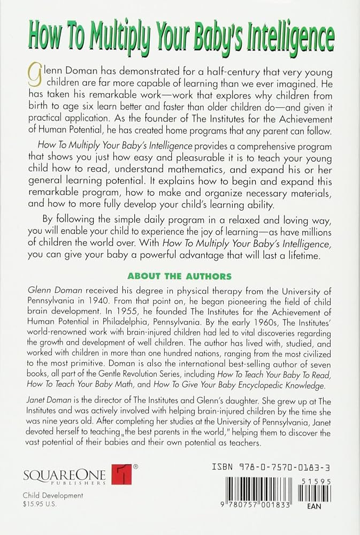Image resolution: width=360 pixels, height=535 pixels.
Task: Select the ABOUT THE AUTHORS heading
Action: pos(180,277)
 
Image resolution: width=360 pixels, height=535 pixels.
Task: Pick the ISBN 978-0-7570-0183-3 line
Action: pos(272,467)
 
